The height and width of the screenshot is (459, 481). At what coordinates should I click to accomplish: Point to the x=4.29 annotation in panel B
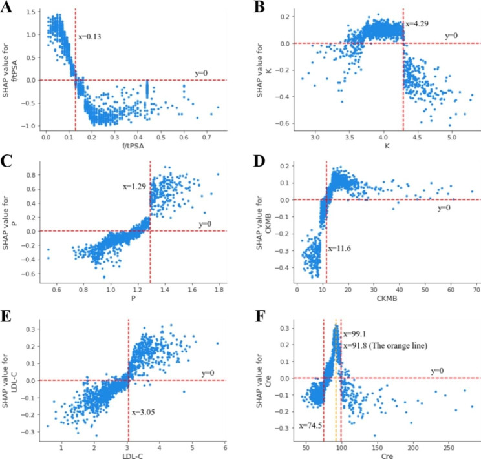coord(417,23)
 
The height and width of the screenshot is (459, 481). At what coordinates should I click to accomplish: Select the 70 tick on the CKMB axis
coord(475,290)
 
